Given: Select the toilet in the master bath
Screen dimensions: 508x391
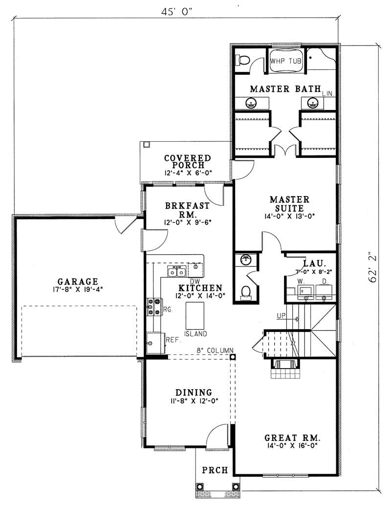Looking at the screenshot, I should click(x=243, y=60).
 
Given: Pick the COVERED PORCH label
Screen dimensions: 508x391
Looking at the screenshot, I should click(x=187, y=162).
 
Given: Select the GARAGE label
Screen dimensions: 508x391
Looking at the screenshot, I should click(x=78, y=282).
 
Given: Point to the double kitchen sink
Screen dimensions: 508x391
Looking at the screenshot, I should click(x=176, y=272).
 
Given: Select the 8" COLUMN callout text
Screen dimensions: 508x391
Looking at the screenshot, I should click(x=214, y=351).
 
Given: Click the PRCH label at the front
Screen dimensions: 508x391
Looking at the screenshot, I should click(x=215, y=470).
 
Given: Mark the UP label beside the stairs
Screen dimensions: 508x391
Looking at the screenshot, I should click(x=281, y=316).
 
